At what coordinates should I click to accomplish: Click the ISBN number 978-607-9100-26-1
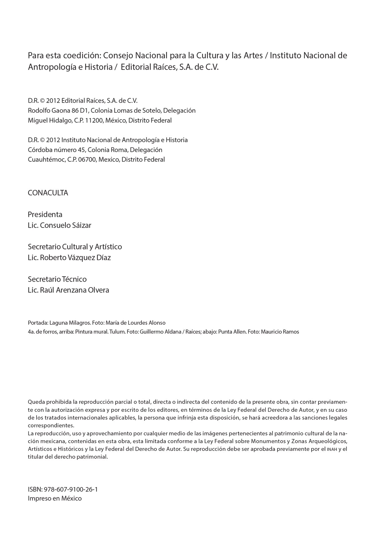coord(71,489)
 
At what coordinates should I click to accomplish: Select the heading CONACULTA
coord(48,193)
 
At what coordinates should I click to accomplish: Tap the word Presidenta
coord(45,214)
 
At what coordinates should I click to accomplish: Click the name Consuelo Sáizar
coord(66,225)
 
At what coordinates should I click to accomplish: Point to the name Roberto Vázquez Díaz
coord(75,258)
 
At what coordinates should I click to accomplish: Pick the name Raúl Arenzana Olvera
coord(75,290)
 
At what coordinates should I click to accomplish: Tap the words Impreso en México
coord(55,498)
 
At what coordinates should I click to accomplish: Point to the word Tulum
coord(117,332)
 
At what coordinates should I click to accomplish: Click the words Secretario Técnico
coord(57,279)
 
